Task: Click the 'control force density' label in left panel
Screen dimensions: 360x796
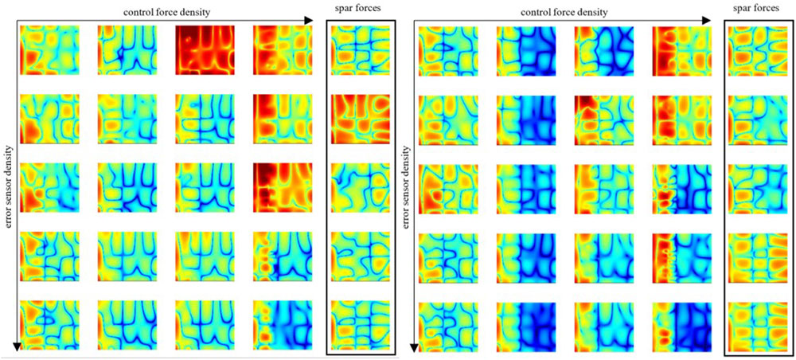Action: (172, 11)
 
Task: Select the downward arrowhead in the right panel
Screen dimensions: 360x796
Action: (415, 347)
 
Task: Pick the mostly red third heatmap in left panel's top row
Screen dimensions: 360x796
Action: (204, 49)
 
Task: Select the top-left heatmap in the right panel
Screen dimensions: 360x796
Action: (447, 49)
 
